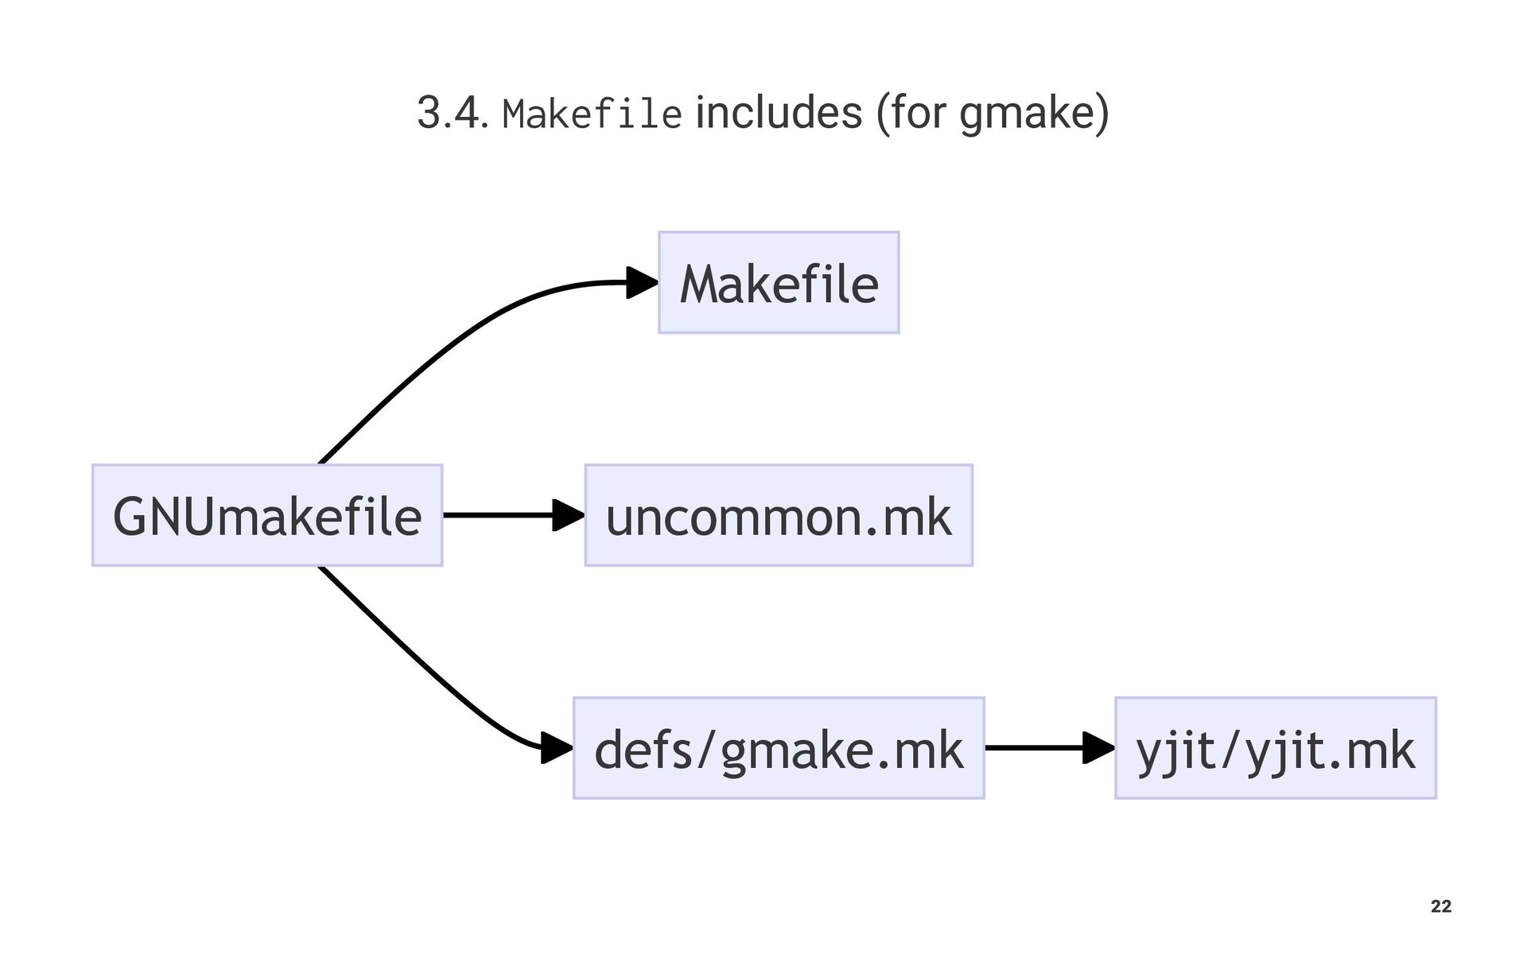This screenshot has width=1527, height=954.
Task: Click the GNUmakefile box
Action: coord(267,515)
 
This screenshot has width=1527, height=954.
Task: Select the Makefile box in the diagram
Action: coord(779,283)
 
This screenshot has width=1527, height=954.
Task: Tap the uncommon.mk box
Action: coord(779,515)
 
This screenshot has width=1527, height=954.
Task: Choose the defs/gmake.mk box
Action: coord(779,748)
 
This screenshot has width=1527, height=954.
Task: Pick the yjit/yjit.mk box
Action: coord(1275,748)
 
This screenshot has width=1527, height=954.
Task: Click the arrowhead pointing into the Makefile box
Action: coord(642,282)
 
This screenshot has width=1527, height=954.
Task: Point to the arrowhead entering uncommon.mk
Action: coord(568,515)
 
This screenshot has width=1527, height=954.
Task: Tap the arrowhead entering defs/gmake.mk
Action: coord(556,748)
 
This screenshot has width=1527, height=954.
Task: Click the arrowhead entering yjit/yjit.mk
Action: coord(1098,748)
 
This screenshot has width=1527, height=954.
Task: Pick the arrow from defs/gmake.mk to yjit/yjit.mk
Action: coord(1034,748)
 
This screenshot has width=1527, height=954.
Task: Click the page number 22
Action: coord(1440,906)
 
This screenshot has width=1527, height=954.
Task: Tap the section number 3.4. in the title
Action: coord(451,113)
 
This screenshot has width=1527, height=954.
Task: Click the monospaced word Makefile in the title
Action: coord(592,114)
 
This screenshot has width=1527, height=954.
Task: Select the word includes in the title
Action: coord(779,112)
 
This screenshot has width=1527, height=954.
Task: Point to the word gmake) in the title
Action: coord(1033,114)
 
